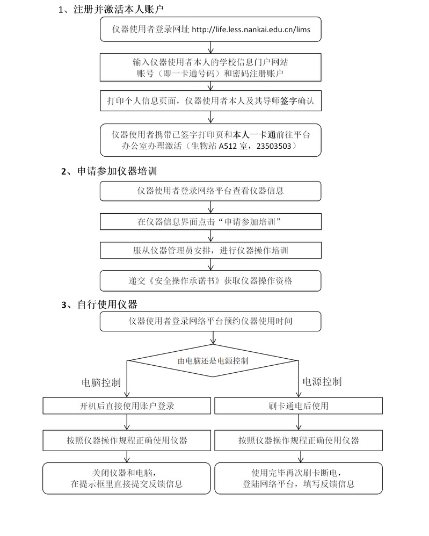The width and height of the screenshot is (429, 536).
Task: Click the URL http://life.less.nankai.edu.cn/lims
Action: click(251, 29)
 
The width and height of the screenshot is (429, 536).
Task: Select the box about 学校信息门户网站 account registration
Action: click(210, 67)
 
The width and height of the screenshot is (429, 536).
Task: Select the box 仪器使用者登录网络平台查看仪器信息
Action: click(210, 190)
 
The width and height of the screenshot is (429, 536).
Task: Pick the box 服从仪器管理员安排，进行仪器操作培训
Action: click(210, 250)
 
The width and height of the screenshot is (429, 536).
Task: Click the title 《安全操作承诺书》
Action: click(183, 280)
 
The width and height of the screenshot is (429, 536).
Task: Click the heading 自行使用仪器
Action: click(107, 305)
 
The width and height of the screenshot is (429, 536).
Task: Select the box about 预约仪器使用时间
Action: click(210, 321)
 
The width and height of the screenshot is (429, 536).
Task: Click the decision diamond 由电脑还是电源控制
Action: click(213, 361)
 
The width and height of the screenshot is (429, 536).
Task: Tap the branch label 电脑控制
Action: click(101, 382)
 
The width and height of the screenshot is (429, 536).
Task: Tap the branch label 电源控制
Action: click(322, 382)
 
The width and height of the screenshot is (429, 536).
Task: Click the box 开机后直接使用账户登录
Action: click(127, 406)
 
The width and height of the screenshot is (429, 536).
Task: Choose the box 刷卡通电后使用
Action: click(299, 406)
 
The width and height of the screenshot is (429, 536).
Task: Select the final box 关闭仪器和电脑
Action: click(127, 478)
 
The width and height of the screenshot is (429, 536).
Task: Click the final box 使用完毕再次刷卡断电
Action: click(299, 478)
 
